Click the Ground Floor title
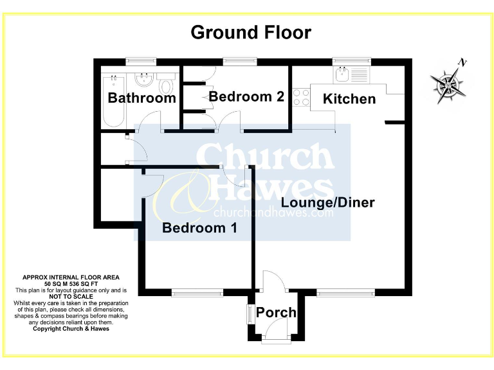(251, 33)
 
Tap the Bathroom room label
(142, 98)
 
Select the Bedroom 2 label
(246, 96)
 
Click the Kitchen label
(349, 99)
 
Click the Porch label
(276, 313)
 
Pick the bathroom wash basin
(144, 80)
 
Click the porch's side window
(250, 314)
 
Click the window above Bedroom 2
(240, 61)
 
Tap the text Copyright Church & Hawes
(71, 329)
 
